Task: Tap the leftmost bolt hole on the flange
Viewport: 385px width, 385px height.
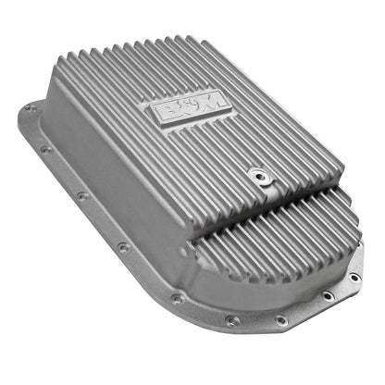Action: coord(31,108)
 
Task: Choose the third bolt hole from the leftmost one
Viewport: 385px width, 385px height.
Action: coord(81,194)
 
